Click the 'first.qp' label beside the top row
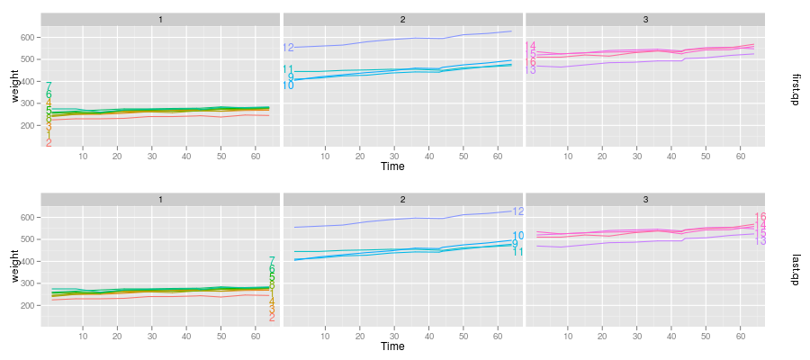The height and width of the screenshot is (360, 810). click(x=795, y=89)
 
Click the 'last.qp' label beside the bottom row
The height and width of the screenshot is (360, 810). click(x=795, y=270)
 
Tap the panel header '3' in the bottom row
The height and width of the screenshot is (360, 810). click(x=644, y=199)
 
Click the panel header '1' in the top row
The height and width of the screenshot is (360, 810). click(x=160, y=19)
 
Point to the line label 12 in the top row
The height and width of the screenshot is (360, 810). click(x=288, y=48)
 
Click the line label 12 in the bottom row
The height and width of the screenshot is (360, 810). click(x=518, y=211)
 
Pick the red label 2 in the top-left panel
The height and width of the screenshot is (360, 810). click(x=49, y=143)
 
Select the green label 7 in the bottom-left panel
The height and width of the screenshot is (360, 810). click(x=272, y=261)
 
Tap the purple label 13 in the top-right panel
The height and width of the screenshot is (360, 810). click(x=531, y=70)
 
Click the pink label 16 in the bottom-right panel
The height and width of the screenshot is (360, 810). click(x=760, y=217)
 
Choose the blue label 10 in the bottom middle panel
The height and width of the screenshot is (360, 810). click(x=518, y=236)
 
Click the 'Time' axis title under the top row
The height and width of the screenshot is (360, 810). click(x=392, y=166)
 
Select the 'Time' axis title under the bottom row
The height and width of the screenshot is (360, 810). click(x=392, y=346)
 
